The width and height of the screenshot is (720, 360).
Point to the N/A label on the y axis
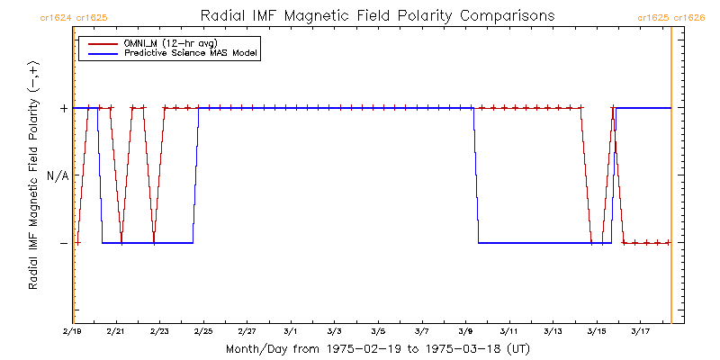pos(58,175)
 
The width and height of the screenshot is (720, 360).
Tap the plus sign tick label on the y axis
pos(63,108)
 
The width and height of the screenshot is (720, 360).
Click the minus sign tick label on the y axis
pos(63,243)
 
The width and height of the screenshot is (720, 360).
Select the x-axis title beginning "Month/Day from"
pos(378,349)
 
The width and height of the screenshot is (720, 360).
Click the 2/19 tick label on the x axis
pos(75,332)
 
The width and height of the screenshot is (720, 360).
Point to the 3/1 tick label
pos(292,332)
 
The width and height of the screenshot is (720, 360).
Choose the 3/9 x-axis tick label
pos(466,332)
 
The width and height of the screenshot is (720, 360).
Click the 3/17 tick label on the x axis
pos(641,332)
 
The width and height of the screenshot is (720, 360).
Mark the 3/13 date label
pos(553,332)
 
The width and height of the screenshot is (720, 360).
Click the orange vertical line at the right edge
pos(671,180)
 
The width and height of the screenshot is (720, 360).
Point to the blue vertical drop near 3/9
pos(476,175)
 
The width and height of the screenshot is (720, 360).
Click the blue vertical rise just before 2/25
pos(195,175)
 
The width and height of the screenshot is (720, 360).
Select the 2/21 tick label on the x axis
pos(116,332)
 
